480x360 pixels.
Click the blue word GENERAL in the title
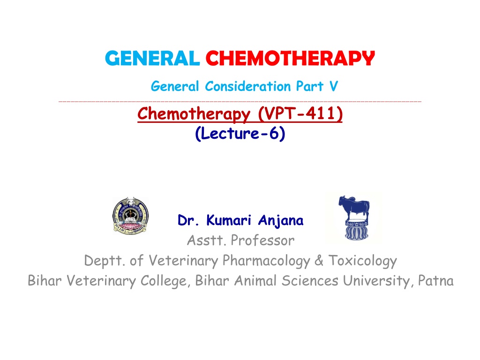[152, 58]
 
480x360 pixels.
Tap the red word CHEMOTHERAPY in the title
[290, 58]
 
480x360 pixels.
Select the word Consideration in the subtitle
[247, 86]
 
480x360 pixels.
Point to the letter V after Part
[334, 86]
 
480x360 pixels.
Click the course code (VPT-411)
[300, 114]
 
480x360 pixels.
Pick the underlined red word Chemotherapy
[194, 114]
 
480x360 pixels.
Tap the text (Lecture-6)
[240, 134]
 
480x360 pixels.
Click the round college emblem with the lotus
[131, 216]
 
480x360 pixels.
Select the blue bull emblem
[354, 217]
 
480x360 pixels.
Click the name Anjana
[281, 220]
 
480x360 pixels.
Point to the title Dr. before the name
[188, 220]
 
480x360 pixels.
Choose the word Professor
[262, 240]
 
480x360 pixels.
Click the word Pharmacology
[266, 261]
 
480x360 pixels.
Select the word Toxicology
[363, 261]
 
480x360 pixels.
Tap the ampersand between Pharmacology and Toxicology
[319, 261]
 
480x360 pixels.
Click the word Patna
[435, 281]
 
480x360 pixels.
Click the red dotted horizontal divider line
[240, 101]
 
